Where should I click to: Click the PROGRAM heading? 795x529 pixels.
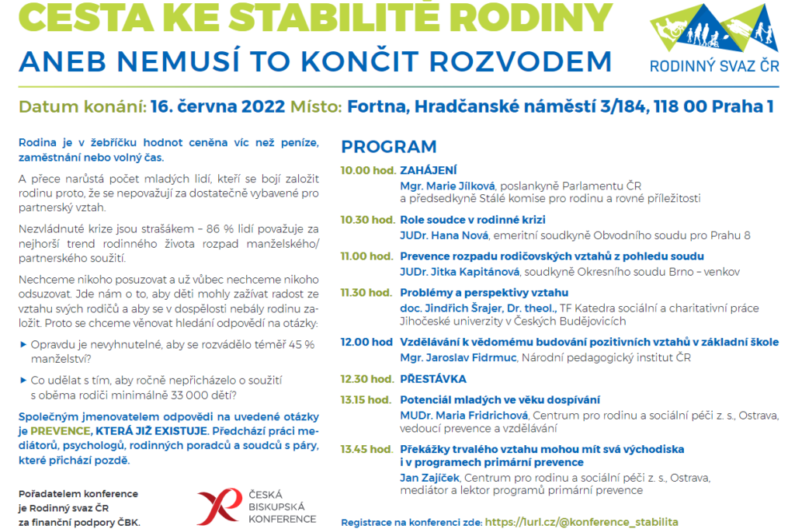pos(389,147)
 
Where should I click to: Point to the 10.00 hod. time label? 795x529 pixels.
pos(367,170)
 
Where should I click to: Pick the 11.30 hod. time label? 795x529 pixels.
pos(367,293)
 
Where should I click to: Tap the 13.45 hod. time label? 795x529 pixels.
pos(367,449)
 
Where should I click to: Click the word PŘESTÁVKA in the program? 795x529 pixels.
pos(432,379)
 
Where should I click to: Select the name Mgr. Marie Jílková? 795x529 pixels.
pos(447,186)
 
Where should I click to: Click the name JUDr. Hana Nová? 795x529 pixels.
pos(442,235)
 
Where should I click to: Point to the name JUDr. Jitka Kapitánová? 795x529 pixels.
pos(460,272)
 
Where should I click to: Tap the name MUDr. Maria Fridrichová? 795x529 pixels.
pos(463,416)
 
